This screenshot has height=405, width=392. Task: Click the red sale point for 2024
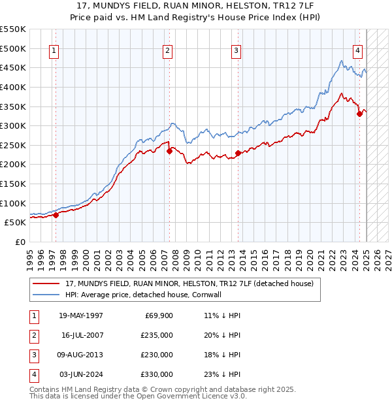[359, 114]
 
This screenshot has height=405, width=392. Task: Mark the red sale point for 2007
[169, 151]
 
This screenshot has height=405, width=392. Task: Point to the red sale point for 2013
[238, 153]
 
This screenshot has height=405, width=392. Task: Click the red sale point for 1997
[56, 214]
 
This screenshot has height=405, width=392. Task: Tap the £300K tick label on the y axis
[13, 125]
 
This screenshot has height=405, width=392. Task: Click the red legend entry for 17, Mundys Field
[189, 283]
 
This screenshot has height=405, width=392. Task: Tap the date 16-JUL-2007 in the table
[83, 334]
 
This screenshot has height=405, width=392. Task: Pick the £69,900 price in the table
[159, 315]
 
